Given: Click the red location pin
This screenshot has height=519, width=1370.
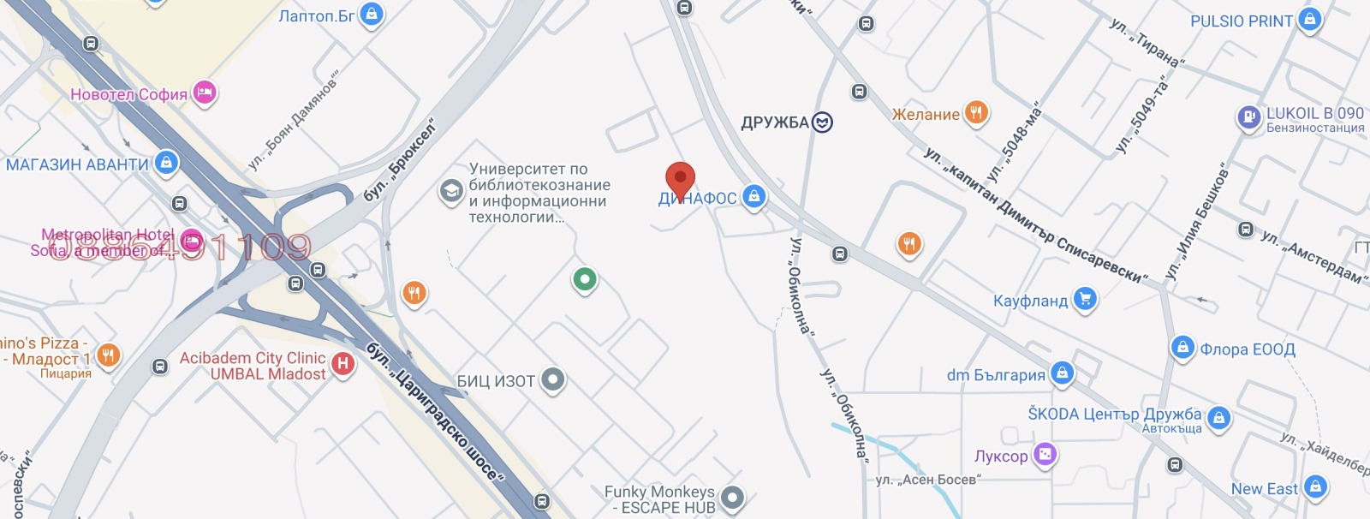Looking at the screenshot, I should click(680, 180).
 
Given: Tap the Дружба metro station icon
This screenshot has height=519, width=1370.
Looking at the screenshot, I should click(822, 122).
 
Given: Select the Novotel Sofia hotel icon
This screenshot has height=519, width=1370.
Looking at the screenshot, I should click(204, 92).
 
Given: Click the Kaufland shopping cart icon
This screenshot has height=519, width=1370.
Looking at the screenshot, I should click(1085, 300).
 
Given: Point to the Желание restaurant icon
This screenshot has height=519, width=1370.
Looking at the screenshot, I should click(976, 112).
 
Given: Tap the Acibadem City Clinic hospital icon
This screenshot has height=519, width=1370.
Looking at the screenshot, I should click(342, 364).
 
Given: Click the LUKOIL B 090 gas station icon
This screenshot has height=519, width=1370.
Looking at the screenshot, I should click(1248, 116).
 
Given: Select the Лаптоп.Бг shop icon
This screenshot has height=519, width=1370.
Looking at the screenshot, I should click(371, 15).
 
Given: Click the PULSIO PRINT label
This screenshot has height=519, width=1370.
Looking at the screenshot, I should click(1241, 21).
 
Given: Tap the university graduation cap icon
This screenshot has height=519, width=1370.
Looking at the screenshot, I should click(450, 191).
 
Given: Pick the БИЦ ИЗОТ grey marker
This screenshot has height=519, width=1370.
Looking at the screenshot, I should click(553, 379).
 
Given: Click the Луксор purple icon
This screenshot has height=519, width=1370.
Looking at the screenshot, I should click(1045, 455).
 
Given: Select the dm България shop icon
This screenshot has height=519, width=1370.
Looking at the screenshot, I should click(1062, 373).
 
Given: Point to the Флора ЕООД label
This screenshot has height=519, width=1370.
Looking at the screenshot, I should click(1247, 349).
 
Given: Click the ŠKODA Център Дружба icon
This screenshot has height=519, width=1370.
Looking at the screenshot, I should click(1218, 418).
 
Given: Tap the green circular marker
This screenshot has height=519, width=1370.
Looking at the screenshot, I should click(585, 278).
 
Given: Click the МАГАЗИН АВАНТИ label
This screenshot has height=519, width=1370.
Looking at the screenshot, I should click(77, 164).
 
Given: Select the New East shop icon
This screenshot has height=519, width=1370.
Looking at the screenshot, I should click(1315, 487).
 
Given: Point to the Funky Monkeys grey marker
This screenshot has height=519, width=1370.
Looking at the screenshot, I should click(731, 497).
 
